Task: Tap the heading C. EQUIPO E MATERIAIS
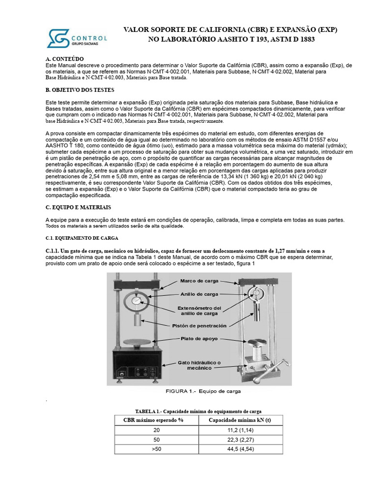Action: coord(78,207)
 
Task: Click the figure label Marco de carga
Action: coord(198,281)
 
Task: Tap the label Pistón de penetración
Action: coord(199,326)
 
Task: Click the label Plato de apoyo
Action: coord(199,338)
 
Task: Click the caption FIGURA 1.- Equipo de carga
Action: coord(199,391)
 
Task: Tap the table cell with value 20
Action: coord(157,430)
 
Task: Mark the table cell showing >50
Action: coord(157,449)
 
